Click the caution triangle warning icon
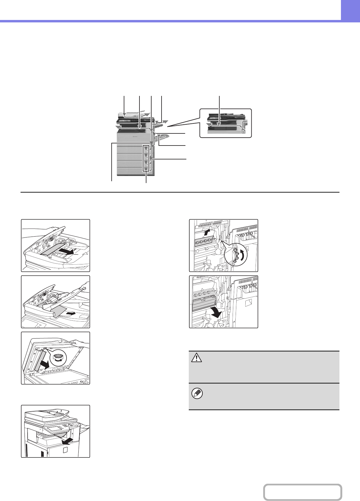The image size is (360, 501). [197, 358]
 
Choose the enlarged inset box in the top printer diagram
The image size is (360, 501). [226, 123]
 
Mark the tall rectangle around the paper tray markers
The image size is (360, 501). [146, 158]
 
